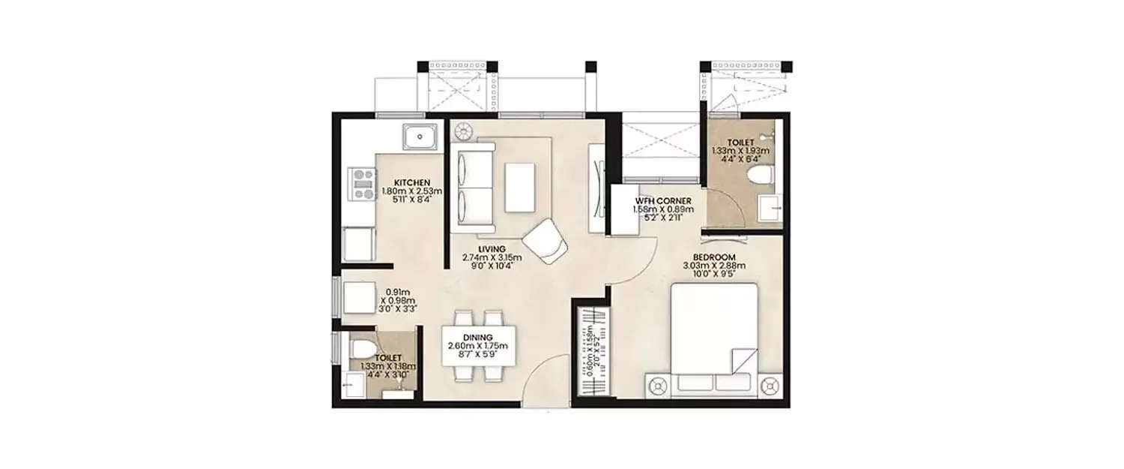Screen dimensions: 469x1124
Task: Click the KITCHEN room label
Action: [411, 182]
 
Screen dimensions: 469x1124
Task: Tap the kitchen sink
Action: [423, 137]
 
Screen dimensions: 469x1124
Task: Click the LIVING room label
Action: [492, 248]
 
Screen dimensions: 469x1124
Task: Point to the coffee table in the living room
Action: [519, 187]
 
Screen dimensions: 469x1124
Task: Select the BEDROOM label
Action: [710, 257]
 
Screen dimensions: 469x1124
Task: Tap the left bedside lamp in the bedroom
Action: [658, 386]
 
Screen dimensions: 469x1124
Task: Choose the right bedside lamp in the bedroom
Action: [769, 386]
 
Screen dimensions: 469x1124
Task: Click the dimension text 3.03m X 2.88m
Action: [710, 266]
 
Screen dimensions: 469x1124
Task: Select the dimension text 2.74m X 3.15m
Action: [492, 258]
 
